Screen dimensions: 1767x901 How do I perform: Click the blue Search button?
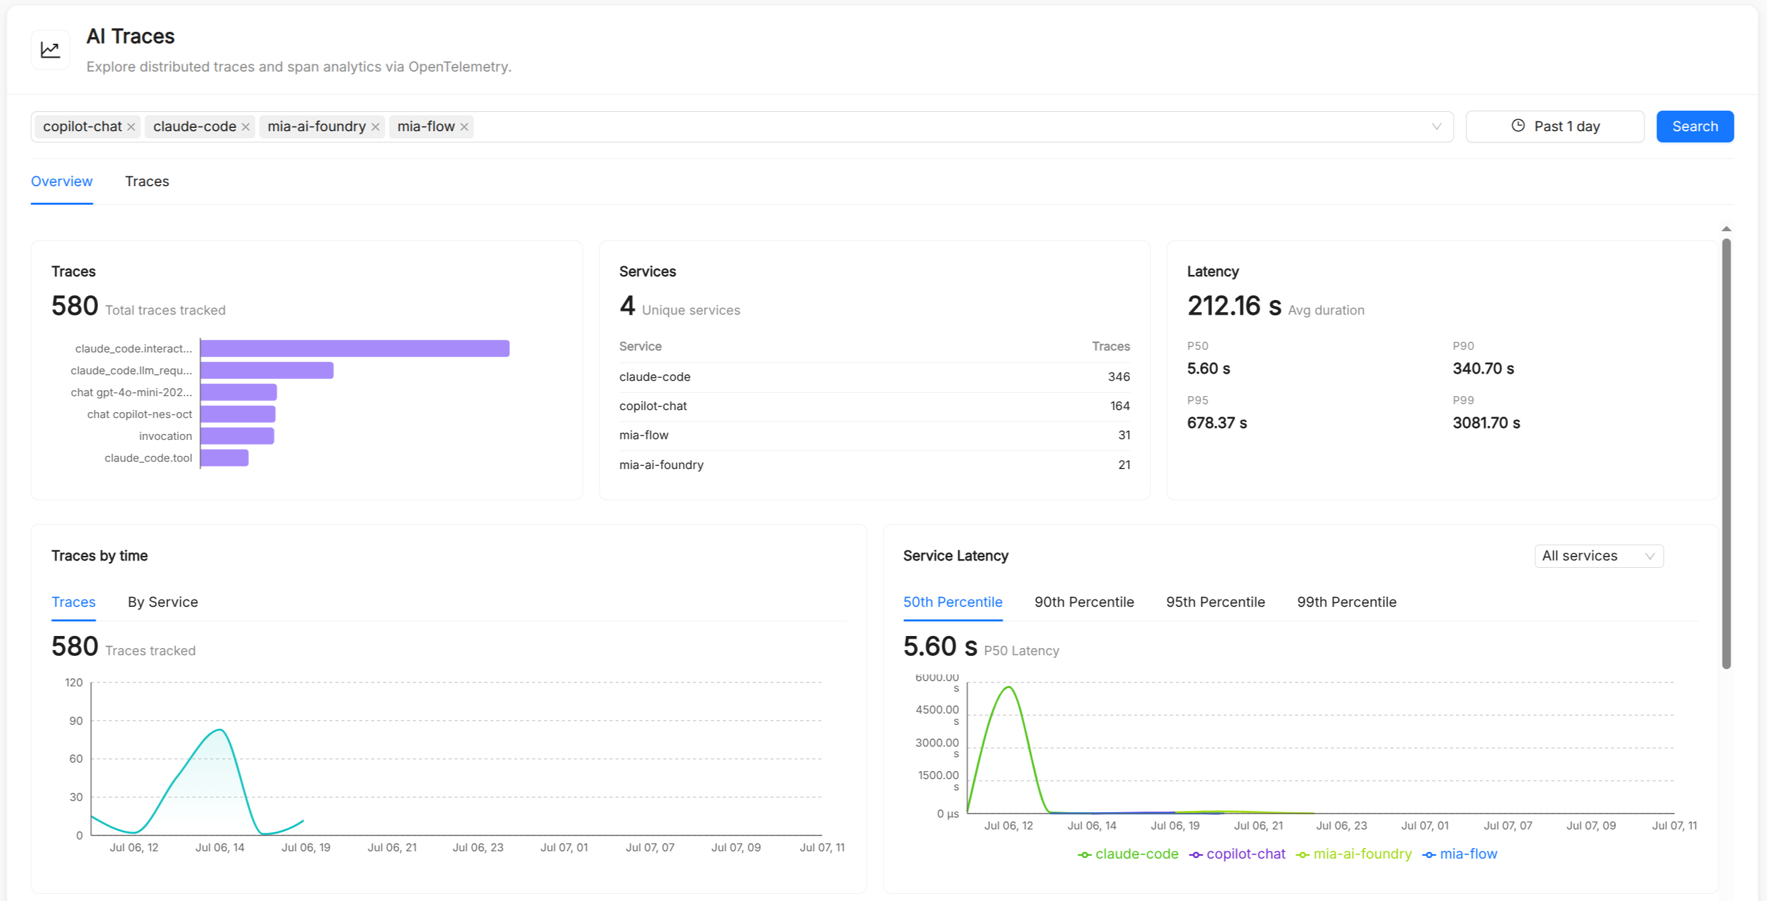(x=1694, y=127)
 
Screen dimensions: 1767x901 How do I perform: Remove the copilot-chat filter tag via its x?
(x=131, y=127)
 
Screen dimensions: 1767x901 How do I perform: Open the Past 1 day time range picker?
(x=1554, y=127)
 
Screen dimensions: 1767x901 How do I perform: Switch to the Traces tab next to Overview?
(x=147, y=181)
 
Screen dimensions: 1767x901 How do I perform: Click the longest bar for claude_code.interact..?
(x=354, y=348)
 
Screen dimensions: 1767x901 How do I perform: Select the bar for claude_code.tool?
(x=225, y=458)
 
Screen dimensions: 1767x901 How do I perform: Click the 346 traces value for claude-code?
(x=1119, y=377)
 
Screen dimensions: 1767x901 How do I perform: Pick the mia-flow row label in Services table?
(x=644, y=435)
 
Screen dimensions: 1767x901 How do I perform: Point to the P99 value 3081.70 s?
(x=1486, y=423)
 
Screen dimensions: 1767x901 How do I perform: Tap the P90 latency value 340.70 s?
(x=1483, y=368)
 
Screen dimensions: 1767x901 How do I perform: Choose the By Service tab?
(x=162, y=602)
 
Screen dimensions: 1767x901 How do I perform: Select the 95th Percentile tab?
(x=1215, y=602)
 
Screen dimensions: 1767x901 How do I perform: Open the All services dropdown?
(x=1598, y=556)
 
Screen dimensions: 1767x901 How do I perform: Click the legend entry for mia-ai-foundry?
(x=1353, y=854)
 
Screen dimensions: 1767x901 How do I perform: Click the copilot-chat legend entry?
(x=1237, y=854)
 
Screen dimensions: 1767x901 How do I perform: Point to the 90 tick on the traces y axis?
(x=76, y=721)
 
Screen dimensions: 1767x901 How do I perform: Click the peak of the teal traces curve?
(x=219, y=729)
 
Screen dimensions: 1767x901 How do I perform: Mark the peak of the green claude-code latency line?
(x=1008, y=687)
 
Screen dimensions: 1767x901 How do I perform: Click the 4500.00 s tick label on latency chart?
(x=937, y=714)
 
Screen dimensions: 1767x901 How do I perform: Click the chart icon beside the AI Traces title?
(x=50, y=50)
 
